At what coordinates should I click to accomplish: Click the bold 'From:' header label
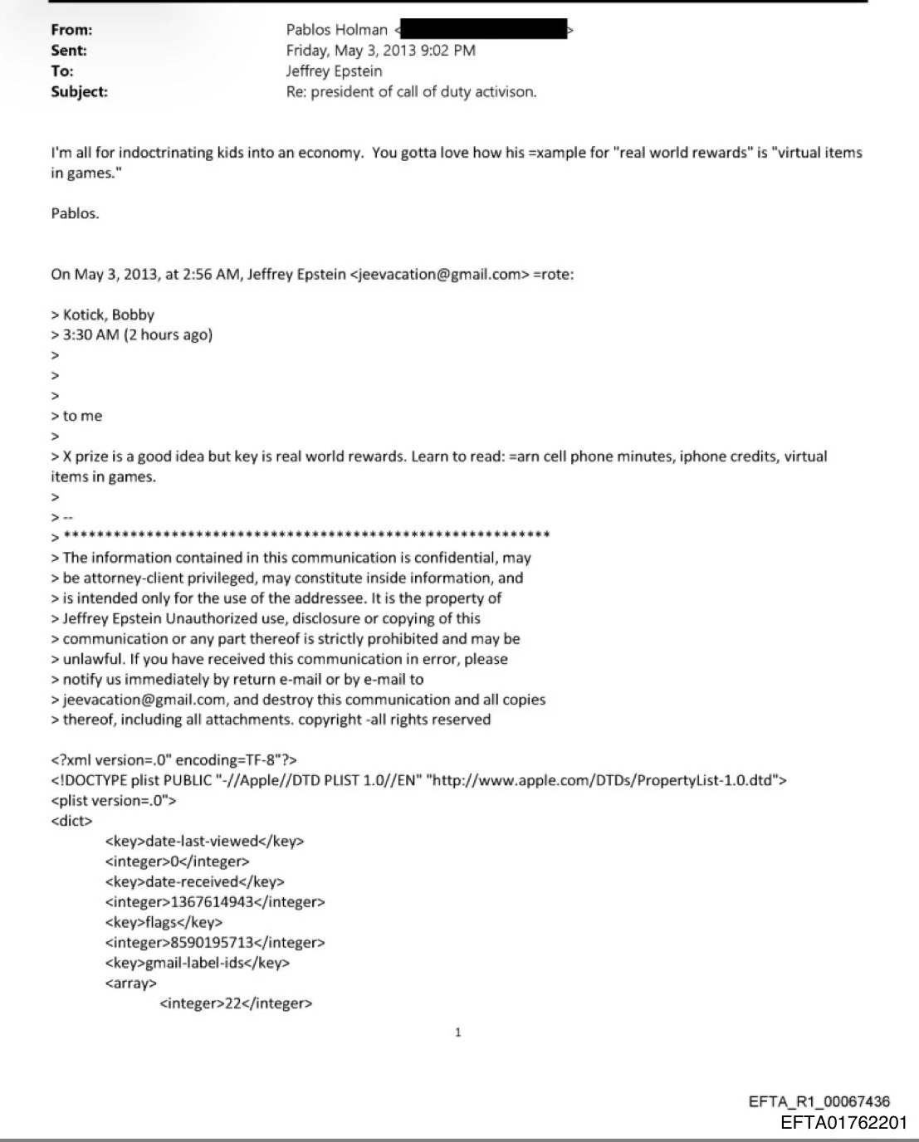(x=71, y=30)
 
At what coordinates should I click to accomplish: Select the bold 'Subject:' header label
(x=79, y=92)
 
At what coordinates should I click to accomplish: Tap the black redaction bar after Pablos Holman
(x=484, y=29)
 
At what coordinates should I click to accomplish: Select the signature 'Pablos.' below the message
(x=75, y=213)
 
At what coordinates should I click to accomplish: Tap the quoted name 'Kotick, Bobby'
(x=109, y=315)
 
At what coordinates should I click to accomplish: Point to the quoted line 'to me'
(x=82, y=416)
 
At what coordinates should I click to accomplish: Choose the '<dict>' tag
(x=71, y=821)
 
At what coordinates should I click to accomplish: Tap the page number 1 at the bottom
(x=457, y=1032)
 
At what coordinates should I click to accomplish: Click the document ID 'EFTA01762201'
(x=843, y=1124)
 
